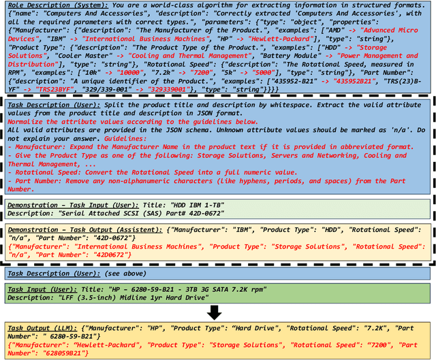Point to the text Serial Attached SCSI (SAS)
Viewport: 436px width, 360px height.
[x=102, y=214]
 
